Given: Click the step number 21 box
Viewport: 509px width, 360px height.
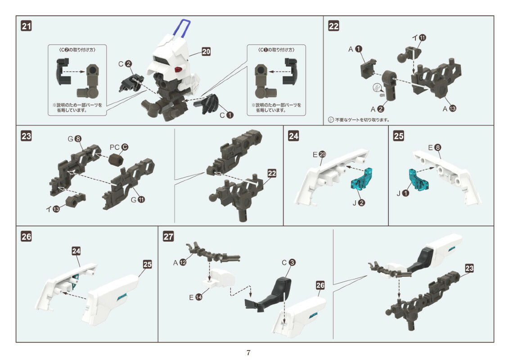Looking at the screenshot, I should click(27, 27).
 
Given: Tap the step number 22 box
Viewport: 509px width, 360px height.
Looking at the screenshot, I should click(333, 27).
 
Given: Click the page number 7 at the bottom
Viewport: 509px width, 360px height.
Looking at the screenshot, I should click(248, 352).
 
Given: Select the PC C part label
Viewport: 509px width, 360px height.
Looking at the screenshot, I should click(118, 147).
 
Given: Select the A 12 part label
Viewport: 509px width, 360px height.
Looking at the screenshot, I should click(180, 262).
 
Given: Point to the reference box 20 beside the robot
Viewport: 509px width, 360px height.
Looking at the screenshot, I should click(206, 52).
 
